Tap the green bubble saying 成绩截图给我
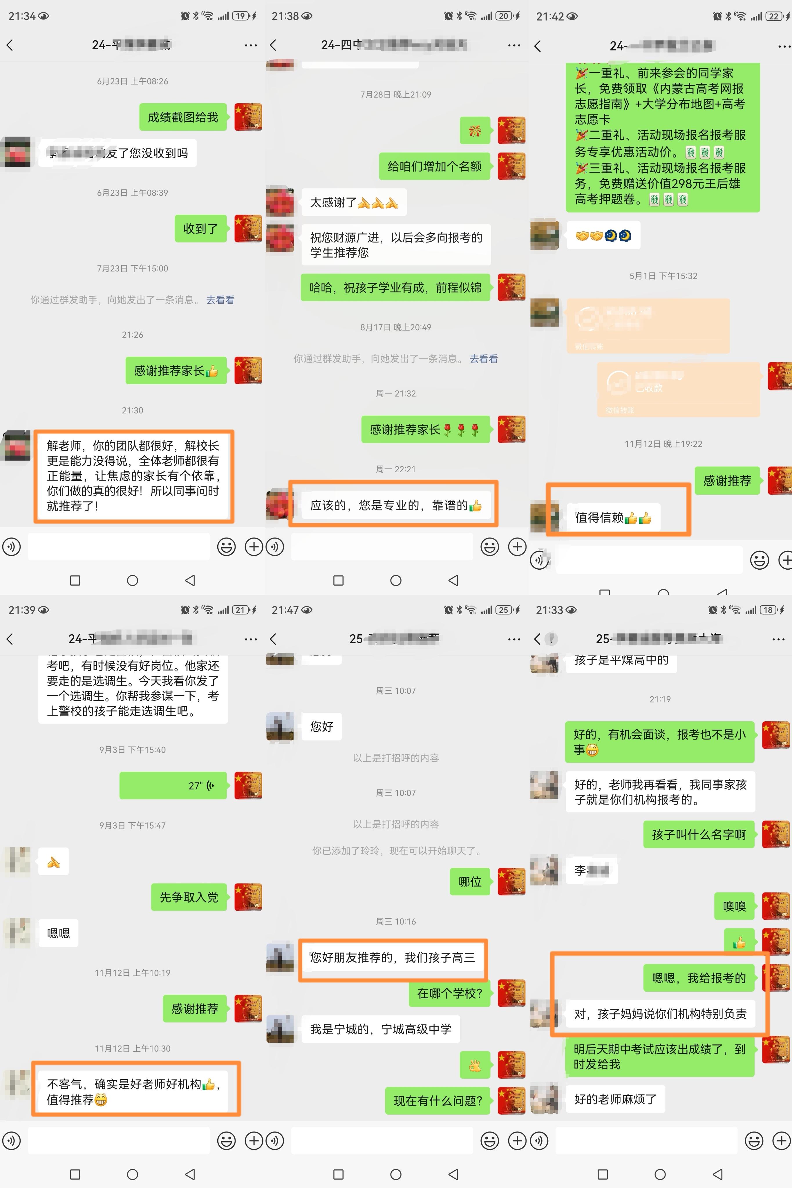point(183,117)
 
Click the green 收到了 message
point(200,229)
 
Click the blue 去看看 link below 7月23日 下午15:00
point(220,300)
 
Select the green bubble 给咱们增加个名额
point(434,166)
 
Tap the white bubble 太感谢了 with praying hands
point(354,202)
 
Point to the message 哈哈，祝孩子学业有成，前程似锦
point(395,288)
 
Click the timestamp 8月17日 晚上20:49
point(395,327)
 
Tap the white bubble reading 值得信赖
point(613,517)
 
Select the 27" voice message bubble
point(173,786)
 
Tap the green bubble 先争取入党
point(189,897)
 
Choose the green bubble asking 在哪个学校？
point(450,993)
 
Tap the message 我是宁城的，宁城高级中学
point(380,1029)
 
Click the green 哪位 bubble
point(470,881)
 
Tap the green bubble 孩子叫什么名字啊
point(699,834)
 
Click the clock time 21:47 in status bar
point(285,610)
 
